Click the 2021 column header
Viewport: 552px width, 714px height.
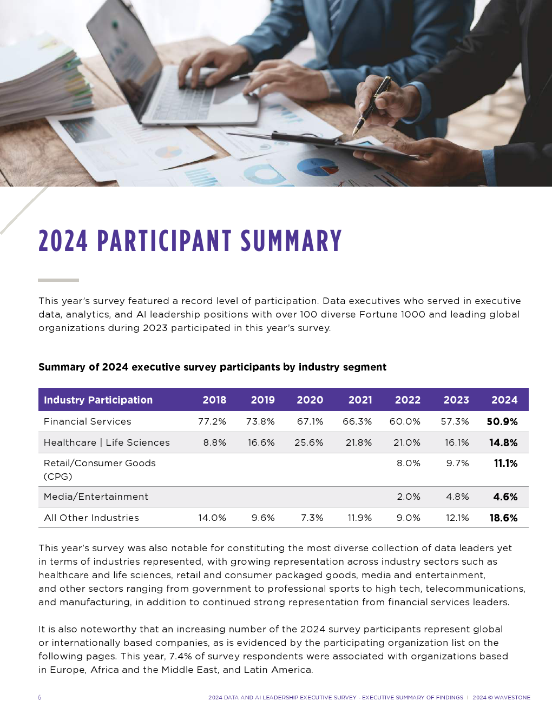pyautogui.click(x=360, y=400)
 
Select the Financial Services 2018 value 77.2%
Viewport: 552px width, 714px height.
pyautogui.click(x=212, y=421)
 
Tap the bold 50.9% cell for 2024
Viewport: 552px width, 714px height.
pyautogui.click(x=502, y=421)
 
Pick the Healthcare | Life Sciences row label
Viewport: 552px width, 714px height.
pyautogui.click(x=107, y=442)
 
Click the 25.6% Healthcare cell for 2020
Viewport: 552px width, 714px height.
pyautogui.click(x=309, y=442)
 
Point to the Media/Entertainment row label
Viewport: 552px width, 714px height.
pyautogui.click(x=96, y=497)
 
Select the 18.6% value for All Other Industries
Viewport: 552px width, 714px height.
pyautogui.click(x=503, y=518)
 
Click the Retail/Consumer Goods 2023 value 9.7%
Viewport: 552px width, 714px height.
pyautogui.click(x=457, y=463)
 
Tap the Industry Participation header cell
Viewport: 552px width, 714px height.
pyautogui.click(x=98, y=400)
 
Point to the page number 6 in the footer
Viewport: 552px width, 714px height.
pyautogui.click(x=40, y=698)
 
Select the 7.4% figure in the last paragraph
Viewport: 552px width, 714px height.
pyautogui.click(x=180, y=656)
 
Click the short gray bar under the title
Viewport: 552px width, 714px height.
pyautogui.click(x=58, y=280)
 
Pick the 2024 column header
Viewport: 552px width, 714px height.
pyautogui.click(x=504, y=400)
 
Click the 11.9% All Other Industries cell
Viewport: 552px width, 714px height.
pyautogui.click(x=359, y=518)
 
